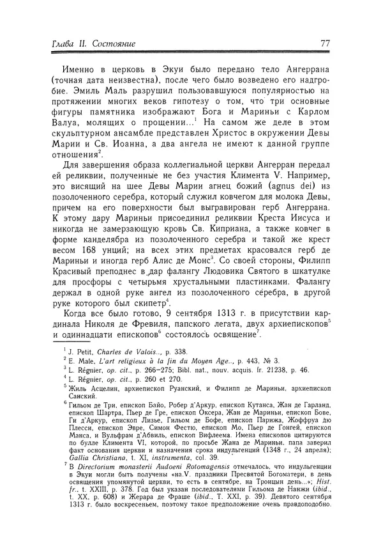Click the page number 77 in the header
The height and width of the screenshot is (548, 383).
pos(324,43)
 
